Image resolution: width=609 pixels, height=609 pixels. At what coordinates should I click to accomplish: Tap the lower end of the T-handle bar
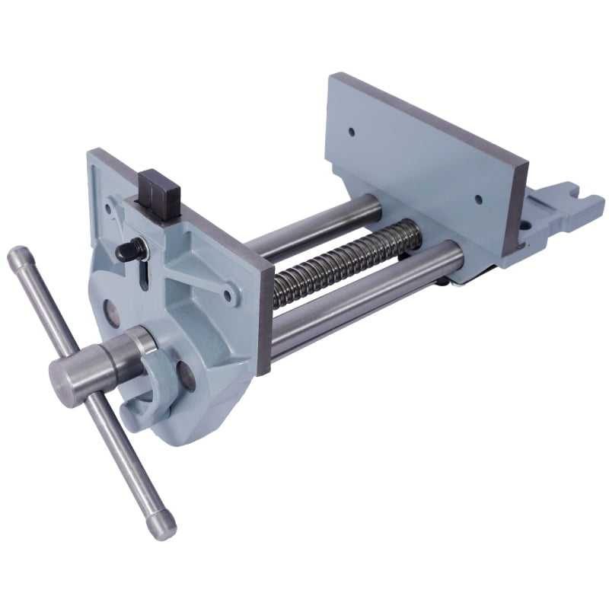click(162, 526)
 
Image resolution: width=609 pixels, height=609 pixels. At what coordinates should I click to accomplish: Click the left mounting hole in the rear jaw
click(352, 131)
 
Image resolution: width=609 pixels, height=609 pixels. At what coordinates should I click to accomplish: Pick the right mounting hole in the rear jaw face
click(479, 200)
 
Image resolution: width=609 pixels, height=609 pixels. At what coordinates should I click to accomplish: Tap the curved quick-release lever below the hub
click(152, 388)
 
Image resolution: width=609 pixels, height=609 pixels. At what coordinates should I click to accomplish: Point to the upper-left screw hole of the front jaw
click(112, 204)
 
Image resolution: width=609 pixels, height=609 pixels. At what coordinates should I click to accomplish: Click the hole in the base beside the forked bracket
click(524, 225)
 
